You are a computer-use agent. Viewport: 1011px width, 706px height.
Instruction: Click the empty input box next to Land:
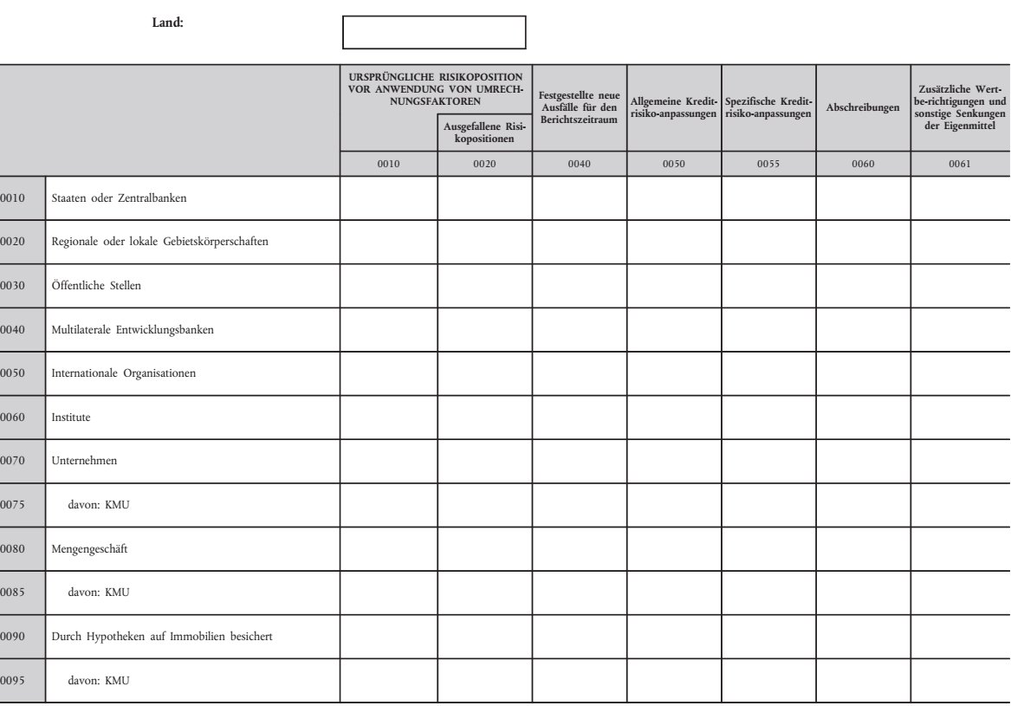tap(434, 32)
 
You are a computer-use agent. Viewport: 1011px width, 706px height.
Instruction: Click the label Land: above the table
tap(167, 23)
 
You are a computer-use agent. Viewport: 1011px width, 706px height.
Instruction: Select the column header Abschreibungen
tap(862, 107)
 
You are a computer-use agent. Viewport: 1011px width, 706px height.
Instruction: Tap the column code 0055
tap(768, 163)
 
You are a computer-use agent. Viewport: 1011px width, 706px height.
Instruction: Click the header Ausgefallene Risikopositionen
tap(484, 133)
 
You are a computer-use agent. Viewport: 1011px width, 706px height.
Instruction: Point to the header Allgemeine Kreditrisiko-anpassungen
tap(674, 109)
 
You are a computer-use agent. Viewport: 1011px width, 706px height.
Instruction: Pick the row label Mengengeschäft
tap(90, 548)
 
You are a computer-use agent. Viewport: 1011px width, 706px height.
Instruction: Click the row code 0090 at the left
tap(13, 637)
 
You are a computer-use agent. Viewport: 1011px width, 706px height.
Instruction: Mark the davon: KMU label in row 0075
tap(99, 505)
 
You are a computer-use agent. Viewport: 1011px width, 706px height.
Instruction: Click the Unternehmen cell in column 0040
tap(579, 461)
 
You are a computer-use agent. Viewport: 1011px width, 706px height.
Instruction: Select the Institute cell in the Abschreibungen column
tap(862, 418)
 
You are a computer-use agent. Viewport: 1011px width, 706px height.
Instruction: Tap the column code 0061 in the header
tap(960, 163)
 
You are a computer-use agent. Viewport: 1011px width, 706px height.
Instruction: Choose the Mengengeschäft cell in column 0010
tap(388, 548)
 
